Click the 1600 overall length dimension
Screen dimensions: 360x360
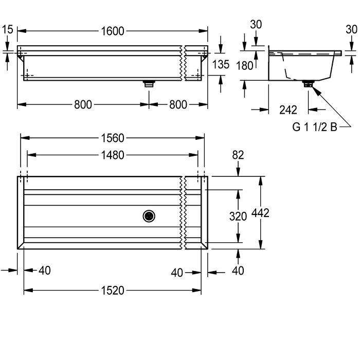coord(113,31)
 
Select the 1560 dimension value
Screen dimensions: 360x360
coord(113,138)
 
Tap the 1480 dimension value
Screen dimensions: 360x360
coord(113,155)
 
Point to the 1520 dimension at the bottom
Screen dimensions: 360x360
coord(113,291)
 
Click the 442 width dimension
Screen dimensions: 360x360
coord(260,213)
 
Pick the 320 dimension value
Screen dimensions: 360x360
coord(238,217)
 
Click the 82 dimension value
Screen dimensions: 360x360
coord(238,155)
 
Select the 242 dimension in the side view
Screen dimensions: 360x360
coord(288,110)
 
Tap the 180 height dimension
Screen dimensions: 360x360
coord(244,66)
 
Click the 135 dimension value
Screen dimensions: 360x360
coord(221,64)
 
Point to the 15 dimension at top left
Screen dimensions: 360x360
coord(7,29)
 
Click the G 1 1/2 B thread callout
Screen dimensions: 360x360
coord(315,127)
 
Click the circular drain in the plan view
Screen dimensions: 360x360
coord(149,216)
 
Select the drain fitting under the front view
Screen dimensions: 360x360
coord(149,83)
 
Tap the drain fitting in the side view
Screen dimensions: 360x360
coord(308,83)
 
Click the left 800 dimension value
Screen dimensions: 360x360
coord(83,105)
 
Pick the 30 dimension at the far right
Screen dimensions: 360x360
coord(351,29)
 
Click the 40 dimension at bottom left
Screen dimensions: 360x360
coord(45,271)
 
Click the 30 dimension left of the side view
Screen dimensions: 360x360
coord(256,24)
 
